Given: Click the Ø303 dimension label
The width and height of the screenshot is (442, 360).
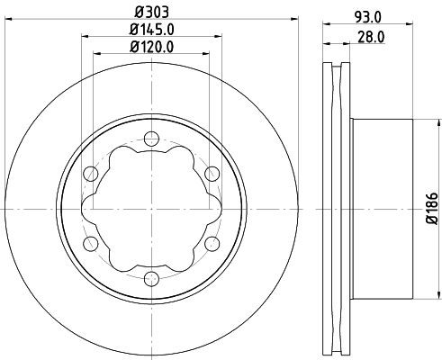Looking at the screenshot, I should pos(149,12).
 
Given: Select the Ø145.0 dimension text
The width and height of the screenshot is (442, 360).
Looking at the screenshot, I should pos(149,29).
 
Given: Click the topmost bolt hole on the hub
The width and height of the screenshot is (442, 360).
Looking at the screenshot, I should pos(149,139).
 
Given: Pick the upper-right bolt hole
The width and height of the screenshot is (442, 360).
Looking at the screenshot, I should pos(211,173).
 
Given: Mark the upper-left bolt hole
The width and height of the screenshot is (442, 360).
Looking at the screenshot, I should pos(89,174).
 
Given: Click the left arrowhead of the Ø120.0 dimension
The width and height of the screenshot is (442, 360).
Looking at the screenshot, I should pos(97,53).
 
